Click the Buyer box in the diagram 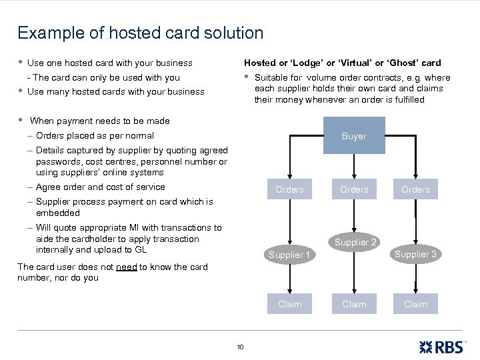(x=354, y=135)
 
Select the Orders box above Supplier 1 (x=289, y=189)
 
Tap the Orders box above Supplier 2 (x=354, y=189)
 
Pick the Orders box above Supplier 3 (x=415, y=189)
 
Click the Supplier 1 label (x=289, y=255)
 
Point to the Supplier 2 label (x=356, y=242)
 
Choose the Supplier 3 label (x=415, y=254)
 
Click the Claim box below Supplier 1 (x=289, y=304)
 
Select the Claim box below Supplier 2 (x=354, y=304)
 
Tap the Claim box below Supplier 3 (x=415, y=304)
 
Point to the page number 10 (x=240, y=346)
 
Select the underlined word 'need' (x=126, y=267)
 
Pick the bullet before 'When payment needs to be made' (x=21, y=121)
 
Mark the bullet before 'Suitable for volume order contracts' (x=247, y=77)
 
